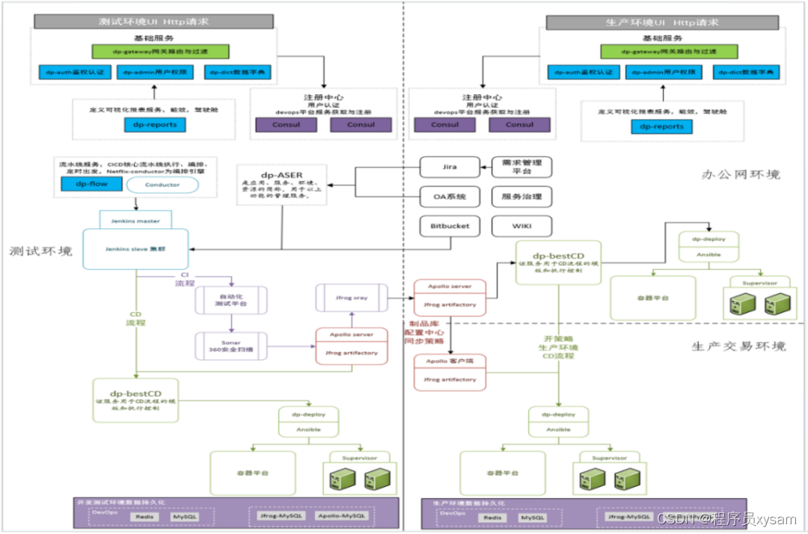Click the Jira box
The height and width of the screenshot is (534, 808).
click(450, 167)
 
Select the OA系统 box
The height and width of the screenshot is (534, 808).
click(450, 197)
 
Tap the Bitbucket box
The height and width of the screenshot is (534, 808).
click(450, 226)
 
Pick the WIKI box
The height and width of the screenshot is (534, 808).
click(521, 226)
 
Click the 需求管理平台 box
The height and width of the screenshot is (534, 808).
click(521, 167)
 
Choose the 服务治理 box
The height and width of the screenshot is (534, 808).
click(521, 197)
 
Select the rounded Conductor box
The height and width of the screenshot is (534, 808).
click(162, 185)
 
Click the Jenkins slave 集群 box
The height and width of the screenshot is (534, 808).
click(135, 248)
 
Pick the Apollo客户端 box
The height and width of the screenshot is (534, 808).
click(450, 371)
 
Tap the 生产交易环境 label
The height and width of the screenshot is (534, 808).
click(738, 346)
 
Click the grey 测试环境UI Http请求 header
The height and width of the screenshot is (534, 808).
click(154, 22)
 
